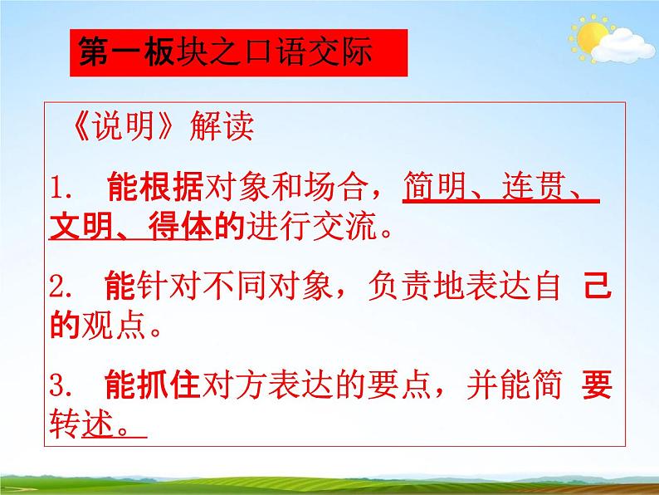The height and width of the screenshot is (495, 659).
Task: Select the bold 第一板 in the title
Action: pyautogui.click(x=124, y=53)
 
